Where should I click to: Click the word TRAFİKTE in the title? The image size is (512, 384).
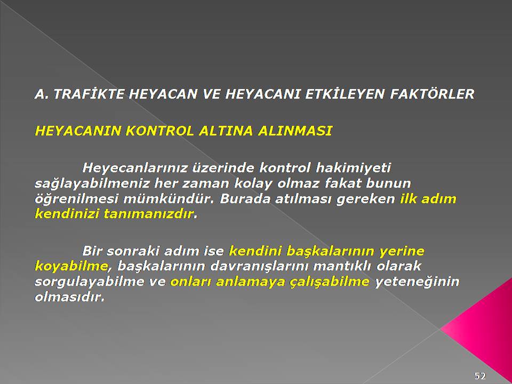pyautogui.click(x=89, y=94)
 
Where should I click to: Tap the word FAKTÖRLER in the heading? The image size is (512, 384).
pyautogui.click(x=432, y=94)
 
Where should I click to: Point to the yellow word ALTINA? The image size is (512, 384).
pyautogui.click(x=226, y=131)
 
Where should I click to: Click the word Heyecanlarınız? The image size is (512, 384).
pyautogui.click(x=135, y=169)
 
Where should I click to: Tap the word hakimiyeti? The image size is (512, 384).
pyautogui.click(x=353, y=169)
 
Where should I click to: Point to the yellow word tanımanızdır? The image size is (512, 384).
pyautogui.click(x=149, y=214)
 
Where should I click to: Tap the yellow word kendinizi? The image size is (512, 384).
pyautogui.click(x=67, y=214)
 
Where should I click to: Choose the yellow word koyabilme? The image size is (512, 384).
pyautogui.click(x=71, y=267)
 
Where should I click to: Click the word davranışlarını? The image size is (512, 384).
pyautogui.click(x=259, y=266)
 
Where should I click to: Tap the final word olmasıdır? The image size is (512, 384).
pyautogui.click(x=69, y=298)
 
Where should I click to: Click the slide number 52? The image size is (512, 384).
pyautogui.click(x=480, y=375)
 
